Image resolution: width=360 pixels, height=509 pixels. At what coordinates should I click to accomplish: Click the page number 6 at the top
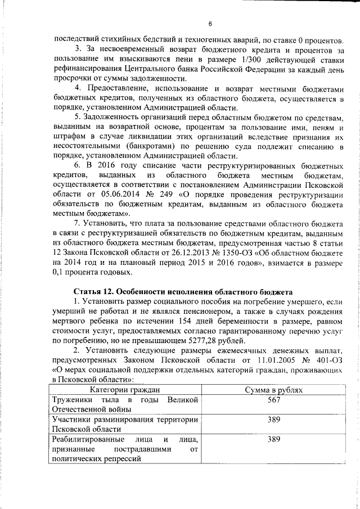[x=209, y=24]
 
